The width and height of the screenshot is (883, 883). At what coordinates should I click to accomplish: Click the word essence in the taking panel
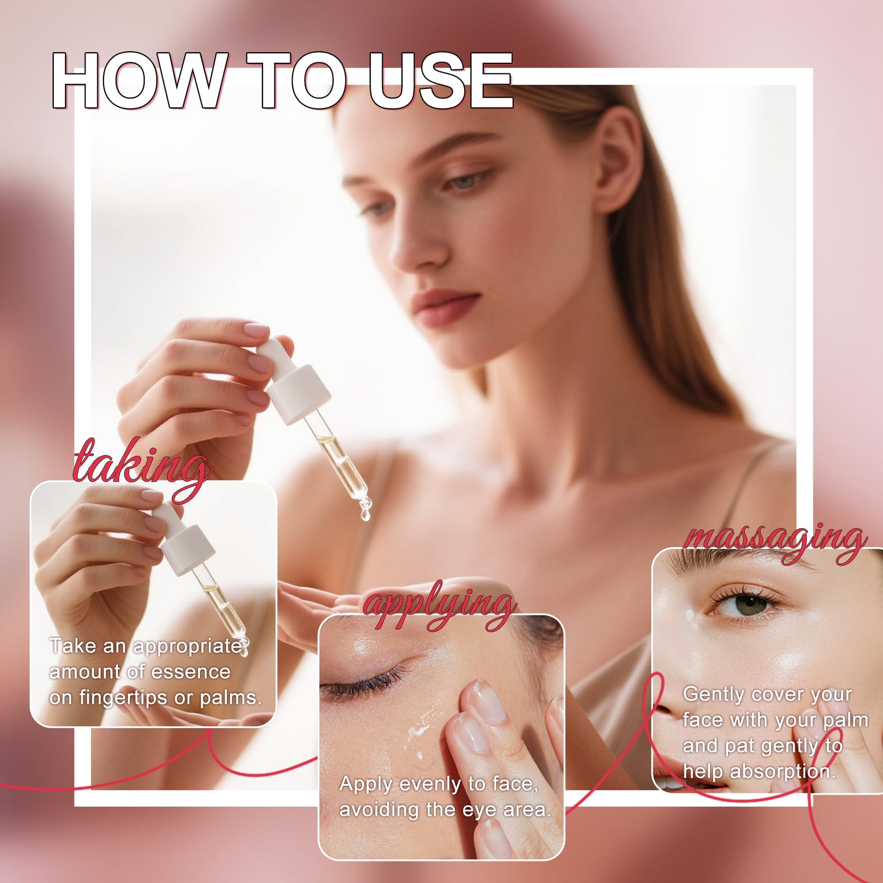(x=192, y=672)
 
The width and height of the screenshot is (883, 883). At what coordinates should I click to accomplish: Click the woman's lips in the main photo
(x=445, y=308)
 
